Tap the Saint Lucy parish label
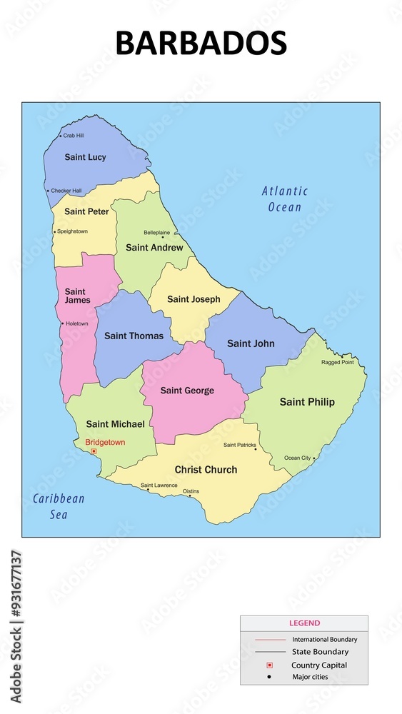tap(85, 157)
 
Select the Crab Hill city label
tap(74, 135)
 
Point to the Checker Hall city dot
tap(48, 191)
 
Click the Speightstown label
tap(72, 231)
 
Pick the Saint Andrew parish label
tap(154, 248)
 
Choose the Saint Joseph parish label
tap(194, 299)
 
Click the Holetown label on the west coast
tap(76, 323)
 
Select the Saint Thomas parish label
tap(134, 336)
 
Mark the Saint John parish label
tap(251, 343)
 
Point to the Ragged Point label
tap(337, 362)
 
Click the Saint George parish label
tap(187, 391)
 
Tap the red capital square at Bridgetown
tap(94, 451)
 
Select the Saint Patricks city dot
tap(256, 449)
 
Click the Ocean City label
tap(297, 458)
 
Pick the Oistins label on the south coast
tap(191, 491)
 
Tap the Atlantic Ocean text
tap(285, 198)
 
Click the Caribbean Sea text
tap(59, 506)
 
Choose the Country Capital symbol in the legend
tap(269, 665)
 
